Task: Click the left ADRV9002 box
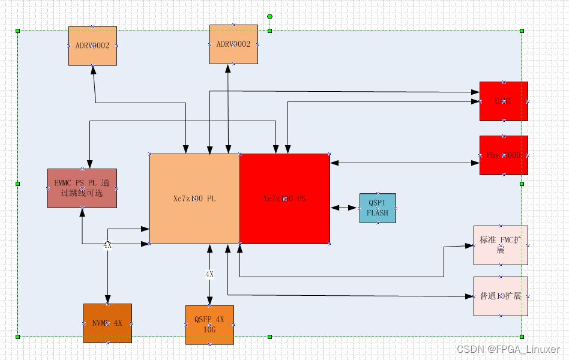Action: point(92,46)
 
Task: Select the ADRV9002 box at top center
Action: point(233,44)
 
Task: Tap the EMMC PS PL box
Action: point(82,188)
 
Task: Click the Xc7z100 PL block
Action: point(194,198)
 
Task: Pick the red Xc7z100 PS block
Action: point(284,198)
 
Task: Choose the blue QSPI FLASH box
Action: point(378,208)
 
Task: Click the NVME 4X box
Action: point(107,323)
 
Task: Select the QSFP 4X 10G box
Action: point(209,325)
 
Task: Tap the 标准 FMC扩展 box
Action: point(501,245)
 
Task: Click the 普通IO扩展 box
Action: point(501,296)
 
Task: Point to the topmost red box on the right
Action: point(504,101)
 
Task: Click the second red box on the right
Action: point(504,155)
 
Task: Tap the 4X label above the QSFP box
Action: point(209,274)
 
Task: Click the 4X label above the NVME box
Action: point(107,245)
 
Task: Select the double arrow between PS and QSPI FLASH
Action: point(345,208)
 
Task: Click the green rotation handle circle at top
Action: point(269,16)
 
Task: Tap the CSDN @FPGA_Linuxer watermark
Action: point(508,349)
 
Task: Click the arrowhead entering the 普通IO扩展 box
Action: point(470,296)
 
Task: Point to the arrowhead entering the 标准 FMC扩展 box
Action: point(470,246)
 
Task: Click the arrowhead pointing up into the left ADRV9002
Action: point(93,70)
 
